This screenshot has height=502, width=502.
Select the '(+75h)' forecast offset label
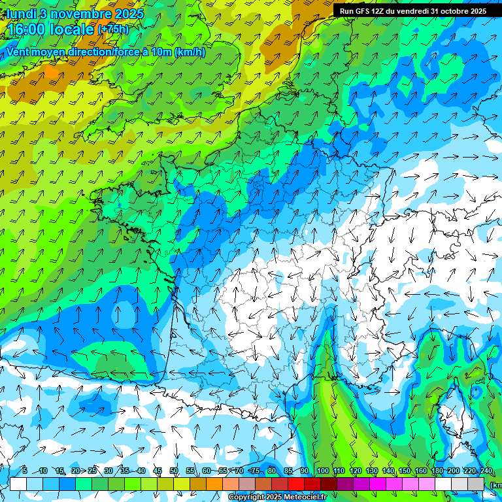pos(114,29)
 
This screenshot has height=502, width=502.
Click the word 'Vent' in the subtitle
pos(19,52)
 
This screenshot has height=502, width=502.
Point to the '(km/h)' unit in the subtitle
pos(190,52)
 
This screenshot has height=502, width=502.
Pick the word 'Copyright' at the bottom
pos(246,497)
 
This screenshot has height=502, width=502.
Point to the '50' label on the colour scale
pos(174,471)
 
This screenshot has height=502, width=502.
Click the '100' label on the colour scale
pos(322,471)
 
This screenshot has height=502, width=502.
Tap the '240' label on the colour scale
pos(485,471)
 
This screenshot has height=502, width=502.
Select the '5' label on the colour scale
pos(25,471)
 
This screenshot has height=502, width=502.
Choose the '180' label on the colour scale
pos(437,471)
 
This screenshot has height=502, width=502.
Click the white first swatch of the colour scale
pos(18,484)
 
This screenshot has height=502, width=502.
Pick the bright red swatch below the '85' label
pos(296,484)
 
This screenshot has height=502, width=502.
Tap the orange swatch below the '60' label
pos(214,484)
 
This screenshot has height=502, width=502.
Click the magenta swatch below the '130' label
pos(378,484)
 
